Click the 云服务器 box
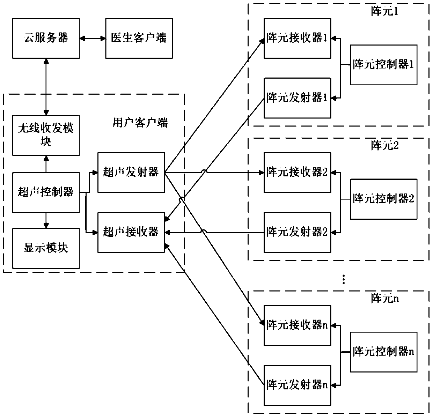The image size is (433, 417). [x=46, y=38]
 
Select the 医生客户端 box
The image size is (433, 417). [x=139, y=38]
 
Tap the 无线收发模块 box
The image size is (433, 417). [x=46, y=135]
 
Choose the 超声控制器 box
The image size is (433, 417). [x=46, y=192]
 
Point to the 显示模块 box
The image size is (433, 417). [x=46, y=248]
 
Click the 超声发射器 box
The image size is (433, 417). [x=131, y=173]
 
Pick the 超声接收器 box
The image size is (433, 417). [x=131, y=232]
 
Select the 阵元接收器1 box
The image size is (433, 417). [x=297, y=38]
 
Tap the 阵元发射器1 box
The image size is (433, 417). [x=297, y=98]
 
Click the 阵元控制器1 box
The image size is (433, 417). [x=384, y=65]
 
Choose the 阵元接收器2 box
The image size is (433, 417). [x=297, y=173]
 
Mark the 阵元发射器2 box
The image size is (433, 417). [x=297, y=232]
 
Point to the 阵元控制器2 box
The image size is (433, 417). [x=384, y=199]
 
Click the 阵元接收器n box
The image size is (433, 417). [x=297, y=325]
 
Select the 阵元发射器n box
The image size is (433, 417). [x=297, y=385]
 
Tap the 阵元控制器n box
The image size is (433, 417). [x=384, y=352]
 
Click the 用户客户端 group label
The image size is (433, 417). [x=140, y=123]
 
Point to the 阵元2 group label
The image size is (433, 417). [x=385, y=146]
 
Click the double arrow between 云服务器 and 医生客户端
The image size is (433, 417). [x=93, y=38]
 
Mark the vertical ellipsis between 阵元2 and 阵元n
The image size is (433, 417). [x=344, y=279]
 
